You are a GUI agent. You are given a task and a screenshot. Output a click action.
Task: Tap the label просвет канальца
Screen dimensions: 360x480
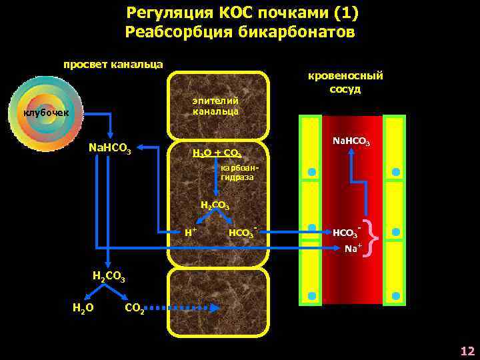[x=113, y=65]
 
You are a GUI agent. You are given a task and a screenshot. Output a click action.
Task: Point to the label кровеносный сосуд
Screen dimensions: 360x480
[x=345, y=82]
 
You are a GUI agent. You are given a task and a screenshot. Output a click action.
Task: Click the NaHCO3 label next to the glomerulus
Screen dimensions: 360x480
[x=109, y=146]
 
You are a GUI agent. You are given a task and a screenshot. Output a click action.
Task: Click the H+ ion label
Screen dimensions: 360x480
[x=190, y=233]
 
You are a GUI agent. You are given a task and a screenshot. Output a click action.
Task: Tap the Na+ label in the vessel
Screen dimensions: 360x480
[x=353, y=249]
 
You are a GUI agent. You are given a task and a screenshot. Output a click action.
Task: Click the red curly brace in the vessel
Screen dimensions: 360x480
[x=375, y=237]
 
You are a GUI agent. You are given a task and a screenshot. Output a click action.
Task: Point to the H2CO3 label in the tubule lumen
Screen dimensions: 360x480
[x=107, y=275]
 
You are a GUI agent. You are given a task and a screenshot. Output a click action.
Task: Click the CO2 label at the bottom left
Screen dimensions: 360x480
[x=135, y=309]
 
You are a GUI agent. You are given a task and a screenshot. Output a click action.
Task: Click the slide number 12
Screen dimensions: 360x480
[x=467, y=351]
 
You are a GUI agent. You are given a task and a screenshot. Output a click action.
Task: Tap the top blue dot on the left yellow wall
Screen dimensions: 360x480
[x=311, y=173]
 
